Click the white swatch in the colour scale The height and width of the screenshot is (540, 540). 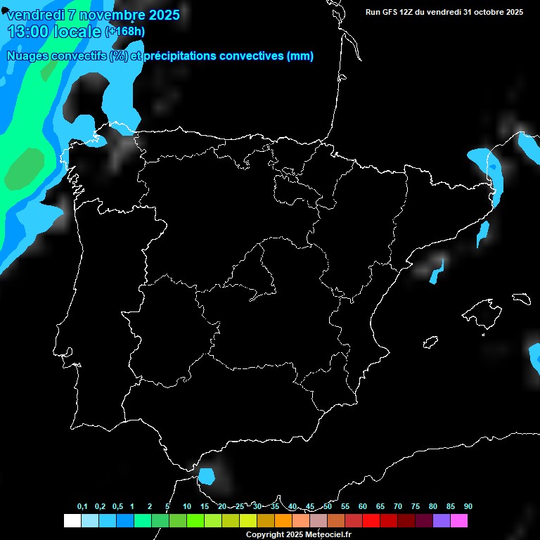point(72,521)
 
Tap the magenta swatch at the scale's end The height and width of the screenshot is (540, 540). point(459,521)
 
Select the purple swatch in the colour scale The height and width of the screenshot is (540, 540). point(442,521)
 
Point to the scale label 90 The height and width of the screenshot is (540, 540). point(468,507)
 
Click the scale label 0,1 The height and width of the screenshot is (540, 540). point(82,507)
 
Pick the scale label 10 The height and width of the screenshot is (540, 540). point(186,507)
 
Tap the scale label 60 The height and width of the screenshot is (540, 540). point(362,507)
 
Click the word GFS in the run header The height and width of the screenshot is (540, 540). point(394,12)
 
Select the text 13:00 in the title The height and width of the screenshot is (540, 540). point(29,31)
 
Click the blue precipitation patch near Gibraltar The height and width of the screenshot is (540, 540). point(206,477)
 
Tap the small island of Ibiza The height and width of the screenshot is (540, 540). point(430,342)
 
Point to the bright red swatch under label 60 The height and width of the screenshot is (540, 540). point(371,521)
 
